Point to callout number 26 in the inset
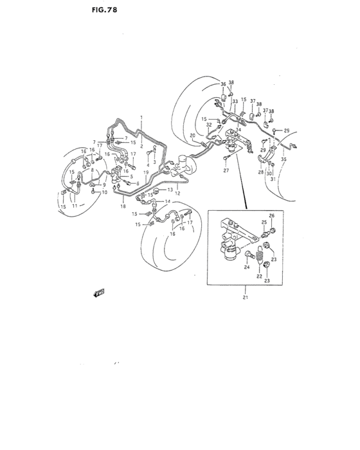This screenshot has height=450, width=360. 271,216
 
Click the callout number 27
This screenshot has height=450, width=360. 226,171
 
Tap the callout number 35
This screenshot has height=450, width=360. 283,158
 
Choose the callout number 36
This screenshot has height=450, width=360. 223,84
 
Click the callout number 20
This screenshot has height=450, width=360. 192,135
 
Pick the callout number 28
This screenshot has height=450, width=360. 261,173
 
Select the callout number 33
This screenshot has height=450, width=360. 235,102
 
